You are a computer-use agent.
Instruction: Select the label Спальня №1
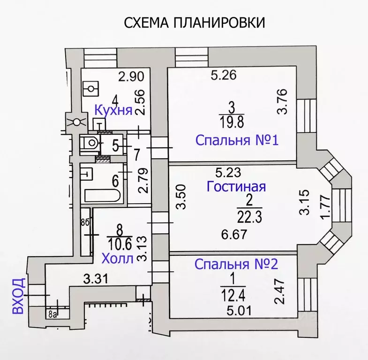click(x=237, y=140)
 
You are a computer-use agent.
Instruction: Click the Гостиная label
click(x=236, y=186)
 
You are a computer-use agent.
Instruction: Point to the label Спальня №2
click(x=237, y=264)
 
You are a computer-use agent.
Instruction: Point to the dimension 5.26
click(x=223, y=74)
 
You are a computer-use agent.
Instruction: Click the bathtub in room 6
click(x=102, y=195)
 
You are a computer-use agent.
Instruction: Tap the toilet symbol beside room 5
click(x=89, y=143)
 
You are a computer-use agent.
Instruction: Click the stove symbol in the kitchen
click(x=90, y=88)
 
